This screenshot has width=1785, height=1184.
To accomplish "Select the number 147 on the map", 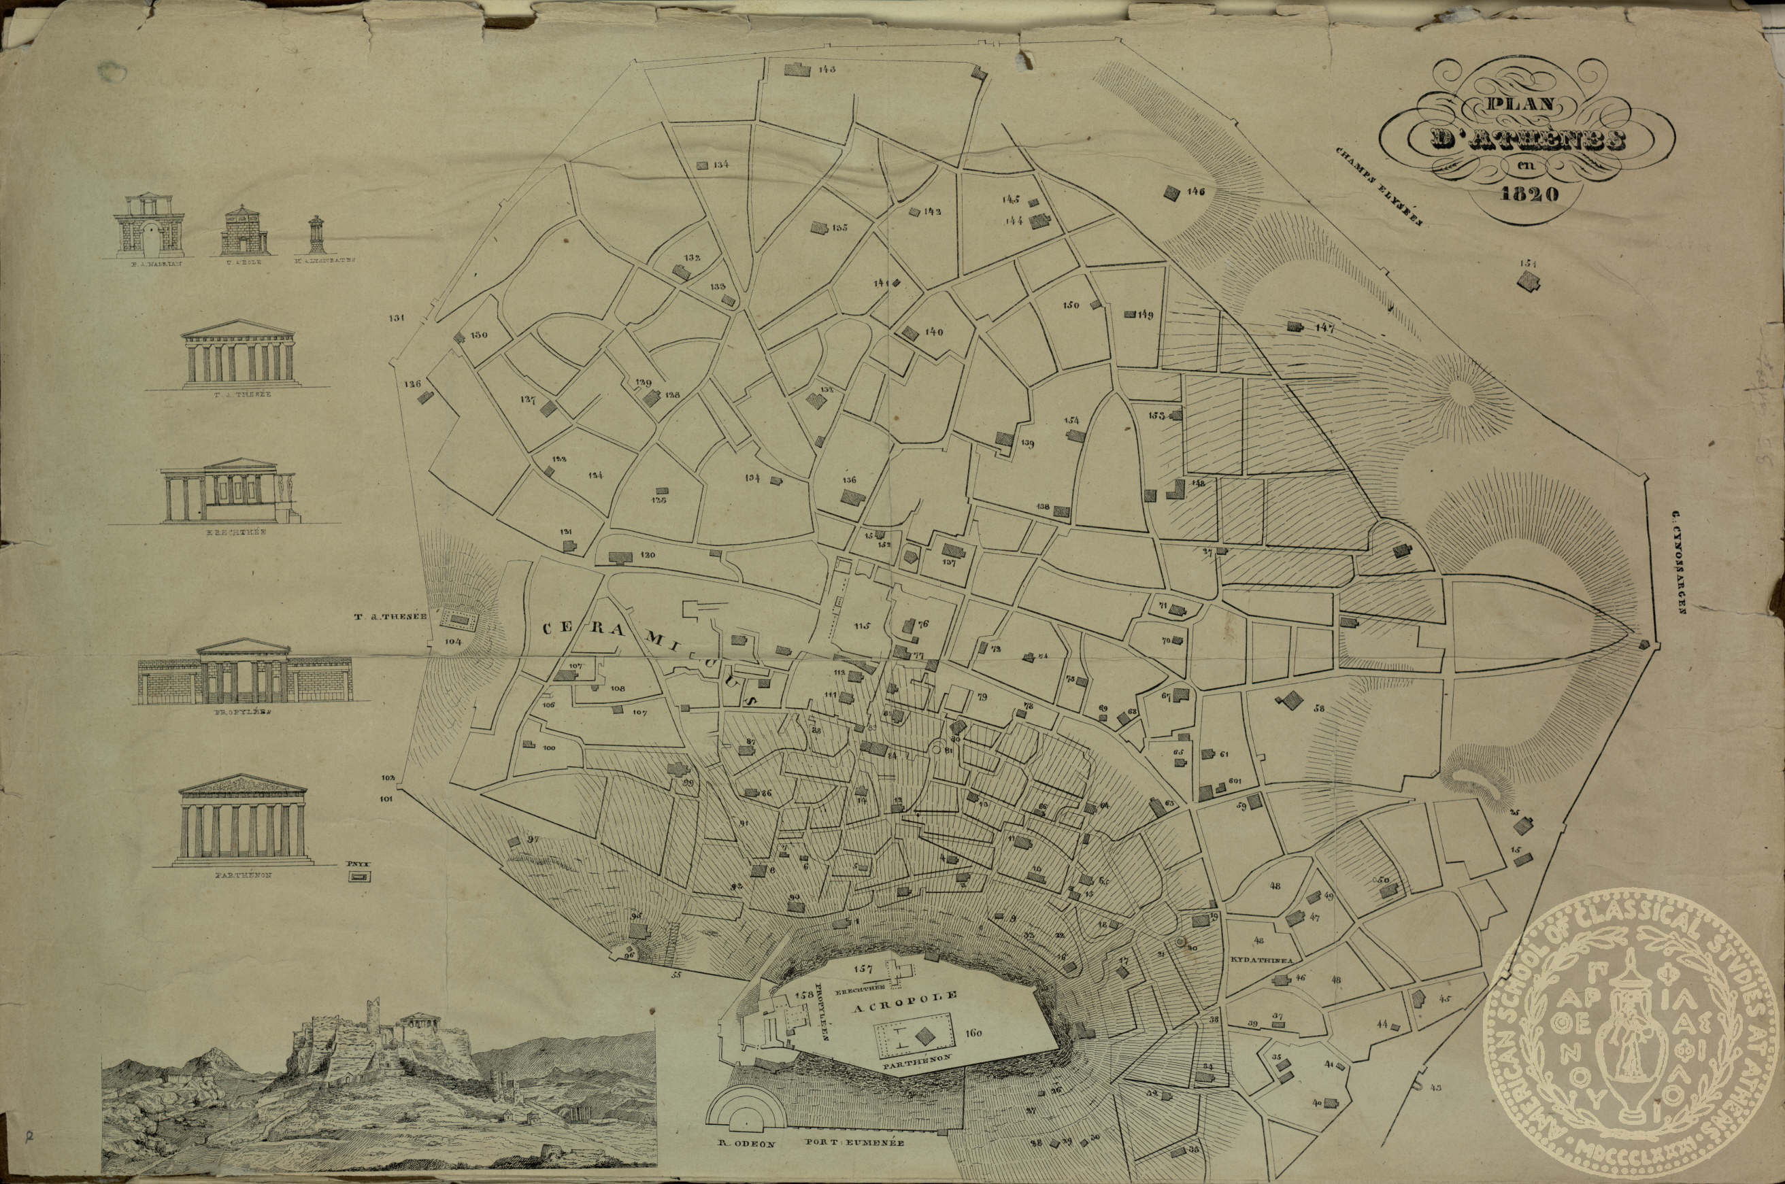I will [1324, 328].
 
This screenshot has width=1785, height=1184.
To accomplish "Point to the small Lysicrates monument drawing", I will [316, 234].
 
